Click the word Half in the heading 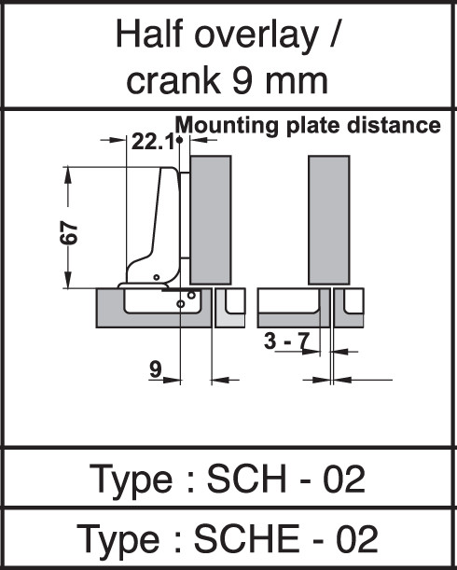[x=149, y=34]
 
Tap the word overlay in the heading [x=256, y=36]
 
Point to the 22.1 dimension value [x=153, y=142]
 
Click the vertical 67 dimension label [x=68, y=232]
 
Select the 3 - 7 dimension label [x=287, y=341]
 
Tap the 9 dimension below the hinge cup [x=155, y=369]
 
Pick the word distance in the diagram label [x=394, y=125]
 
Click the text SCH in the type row [x=246, y=479]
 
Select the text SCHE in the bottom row [x=247, y=538]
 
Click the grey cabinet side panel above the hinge [x=211, y=220]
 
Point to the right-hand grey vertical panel [x=329, y=220]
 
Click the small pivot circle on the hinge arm [x=157, y=277]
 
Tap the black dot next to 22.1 [x=179, y=140]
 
